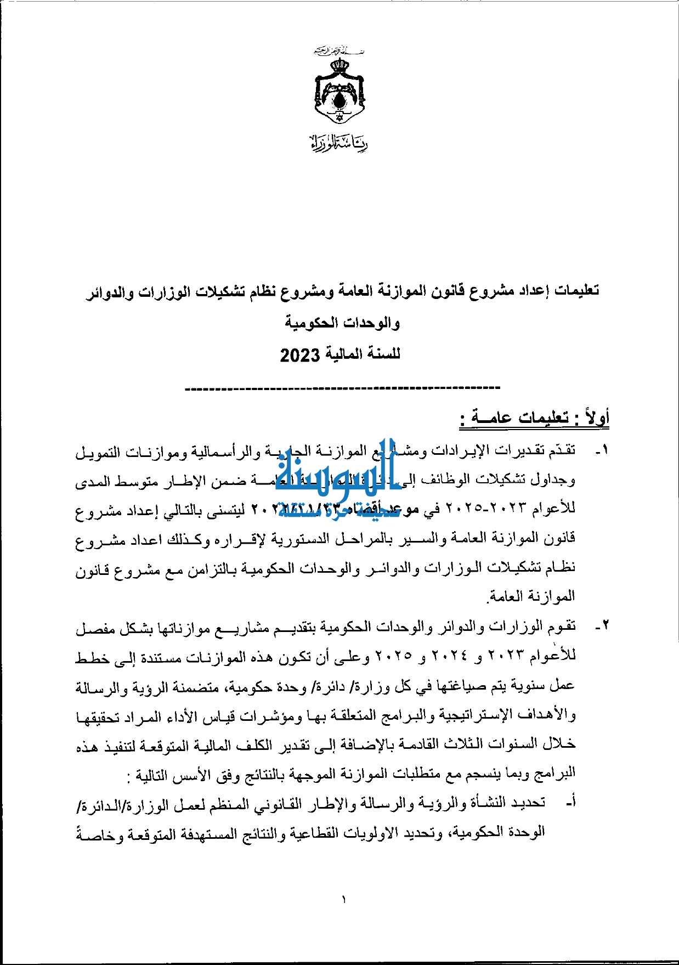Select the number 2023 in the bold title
point(299,355)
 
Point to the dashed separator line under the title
point(343,388)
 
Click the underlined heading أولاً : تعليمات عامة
point(535,418)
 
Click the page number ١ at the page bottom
point(343,899)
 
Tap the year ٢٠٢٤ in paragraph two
point(450,656)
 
